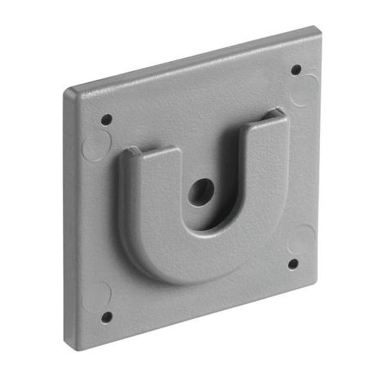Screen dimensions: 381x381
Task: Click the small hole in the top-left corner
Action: click(107, 120)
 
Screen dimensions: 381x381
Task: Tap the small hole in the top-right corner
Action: click(296, 70)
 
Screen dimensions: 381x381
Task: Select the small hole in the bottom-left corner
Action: click(107, 315)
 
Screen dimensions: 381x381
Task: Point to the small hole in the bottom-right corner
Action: click(293, 264)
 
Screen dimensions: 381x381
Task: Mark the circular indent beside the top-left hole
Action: click(94, 143)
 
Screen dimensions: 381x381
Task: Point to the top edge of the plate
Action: click(190, 61)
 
